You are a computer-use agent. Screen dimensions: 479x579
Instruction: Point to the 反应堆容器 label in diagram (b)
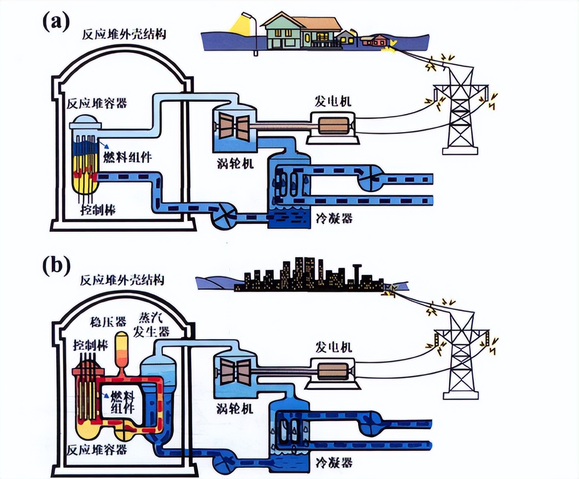[98, 449]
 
